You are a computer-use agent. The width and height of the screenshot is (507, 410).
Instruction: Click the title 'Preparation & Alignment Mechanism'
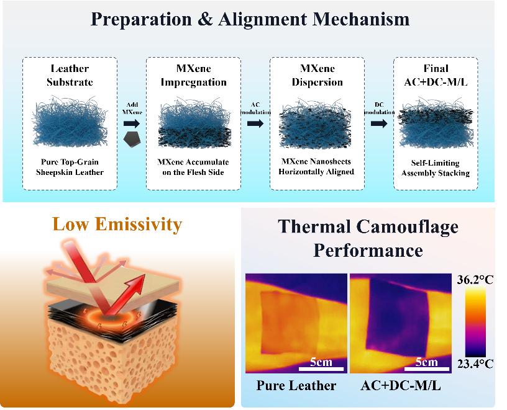click(x=250, y=19)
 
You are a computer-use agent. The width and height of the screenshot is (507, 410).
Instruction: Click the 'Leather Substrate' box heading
click(x=70, y=75)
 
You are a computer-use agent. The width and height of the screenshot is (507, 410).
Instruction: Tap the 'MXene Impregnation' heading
click(x=194, y=75)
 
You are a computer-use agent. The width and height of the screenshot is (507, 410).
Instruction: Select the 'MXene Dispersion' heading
click(x=317, y=75)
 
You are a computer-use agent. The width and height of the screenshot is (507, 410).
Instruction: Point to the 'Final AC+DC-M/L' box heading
click(x=436, y=75)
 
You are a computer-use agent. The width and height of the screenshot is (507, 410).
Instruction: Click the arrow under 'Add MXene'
click(x=132, y=123)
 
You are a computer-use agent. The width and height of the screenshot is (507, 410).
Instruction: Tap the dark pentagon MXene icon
click(x=132, y=139)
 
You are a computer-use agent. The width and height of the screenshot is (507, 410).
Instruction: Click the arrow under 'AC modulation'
click(x=255, y=123)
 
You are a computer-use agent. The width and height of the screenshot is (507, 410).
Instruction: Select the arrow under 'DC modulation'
click(x=379, y=123)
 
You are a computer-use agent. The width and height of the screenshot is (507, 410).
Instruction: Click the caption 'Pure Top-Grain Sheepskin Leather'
click(x=70, y=167)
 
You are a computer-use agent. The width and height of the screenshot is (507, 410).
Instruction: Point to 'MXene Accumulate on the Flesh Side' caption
click(x=193, y=167)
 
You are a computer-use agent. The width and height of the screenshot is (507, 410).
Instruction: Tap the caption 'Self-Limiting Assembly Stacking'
click(x=436, y=168)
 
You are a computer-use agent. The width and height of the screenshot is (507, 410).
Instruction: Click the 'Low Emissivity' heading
click(x=117, y=224)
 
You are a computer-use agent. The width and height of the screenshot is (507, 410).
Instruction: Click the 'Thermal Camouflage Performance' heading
click(x=368, y=238)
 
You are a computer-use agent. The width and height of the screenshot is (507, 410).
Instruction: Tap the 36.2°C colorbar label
click(x=475, y=280)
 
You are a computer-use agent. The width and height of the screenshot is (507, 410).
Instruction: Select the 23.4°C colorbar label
click(x=475, y=364)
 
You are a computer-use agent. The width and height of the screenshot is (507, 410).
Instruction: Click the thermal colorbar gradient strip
click(x=475, y=321)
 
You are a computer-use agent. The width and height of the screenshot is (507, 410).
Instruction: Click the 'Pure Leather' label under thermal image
click(x=296, y=385)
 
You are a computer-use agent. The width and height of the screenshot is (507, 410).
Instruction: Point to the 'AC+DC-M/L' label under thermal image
click(x=401, y=385)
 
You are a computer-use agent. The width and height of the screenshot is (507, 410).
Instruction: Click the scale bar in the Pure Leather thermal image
click(x=321, y=368)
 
